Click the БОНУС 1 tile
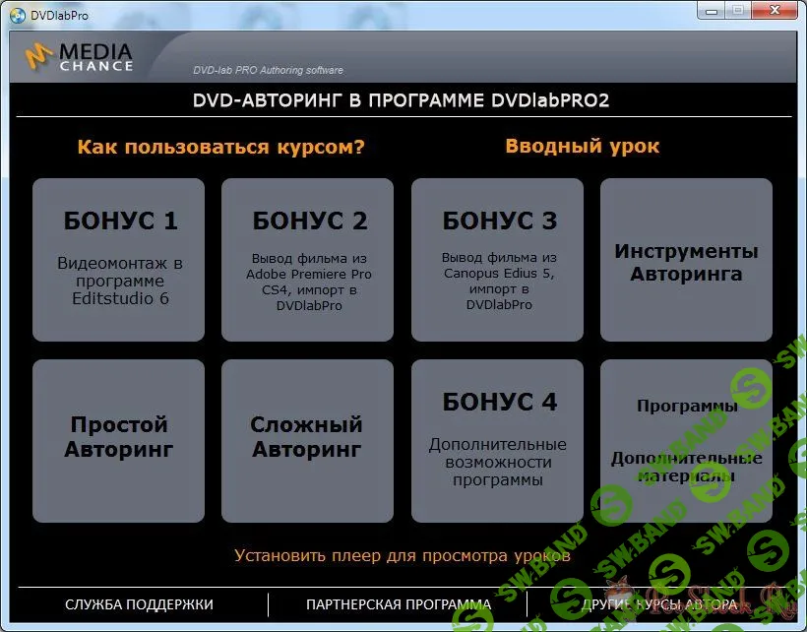tap(118, 259)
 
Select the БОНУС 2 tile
tap(307, 259)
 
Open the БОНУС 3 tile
tap(497, 259)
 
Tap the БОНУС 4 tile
tap(497, 440)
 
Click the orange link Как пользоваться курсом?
tap(221, 148)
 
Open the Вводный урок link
tap(583, 147)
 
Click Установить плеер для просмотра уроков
tap(402, 556)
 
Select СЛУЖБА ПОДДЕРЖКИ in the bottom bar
tap(139, 604)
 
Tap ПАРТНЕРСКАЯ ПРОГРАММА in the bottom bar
tap(399, 604)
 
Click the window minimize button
tap(713, 10)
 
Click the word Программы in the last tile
tap(686, 407)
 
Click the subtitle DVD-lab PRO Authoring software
tap(268, 70)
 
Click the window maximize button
tap(737, 10)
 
